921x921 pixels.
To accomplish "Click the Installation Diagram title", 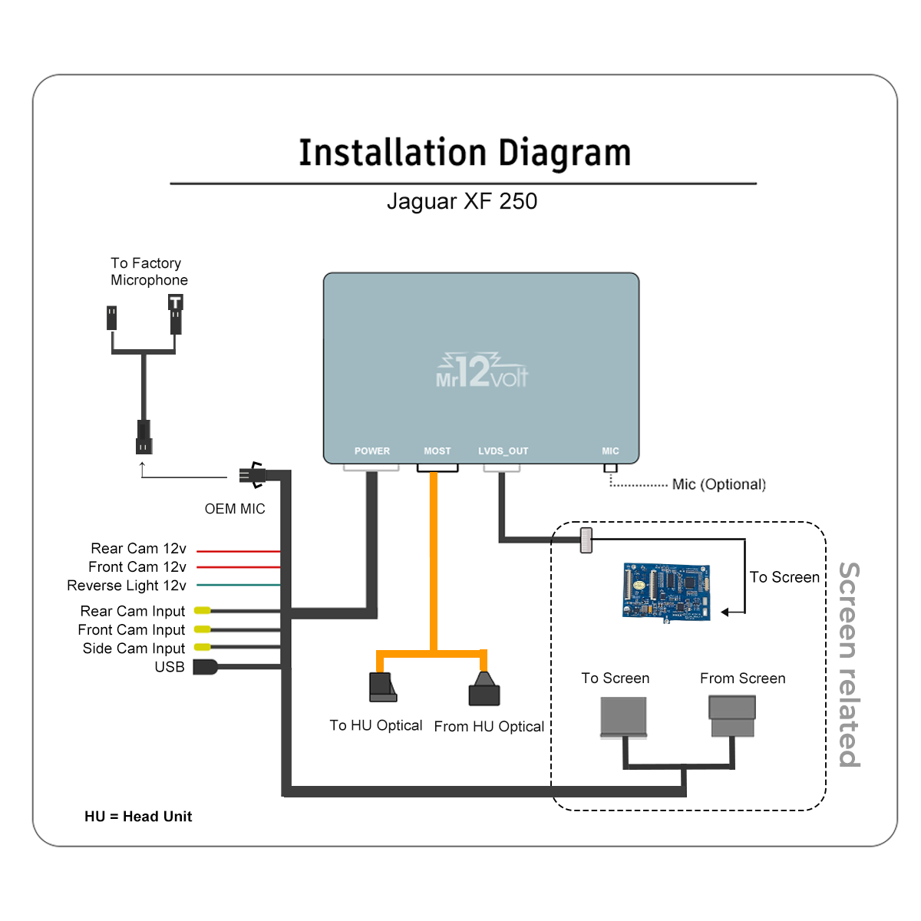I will coord(464,153).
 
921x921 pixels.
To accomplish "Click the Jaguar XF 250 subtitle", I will coord(462,201).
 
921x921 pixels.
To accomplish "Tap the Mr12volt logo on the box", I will coord(482,371).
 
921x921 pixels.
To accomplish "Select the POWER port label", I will coord(372,451).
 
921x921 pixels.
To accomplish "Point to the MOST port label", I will coord(437,451).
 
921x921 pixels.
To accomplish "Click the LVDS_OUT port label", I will coord(503,451).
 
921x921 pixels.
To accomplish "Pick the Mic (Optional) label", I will coord(719,484).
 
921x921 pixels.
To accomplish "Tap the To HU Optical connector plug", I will coord(382,687).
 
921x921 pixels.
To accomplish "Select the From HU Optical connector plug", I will coord(484,691).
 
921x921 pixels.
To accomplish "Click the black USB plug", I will coord(205,667).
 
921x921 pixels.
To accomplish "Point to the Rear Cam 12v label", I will coord(138,549).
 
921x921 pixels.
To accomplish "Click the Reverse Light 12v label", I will coord(127,586).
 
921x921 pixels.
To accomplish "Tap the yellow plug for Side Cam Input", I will coord(203,648).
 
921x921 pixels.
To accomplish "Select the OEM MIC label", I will coord(235,509).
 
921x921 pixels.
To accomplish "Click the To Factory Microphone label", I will coord(148,272).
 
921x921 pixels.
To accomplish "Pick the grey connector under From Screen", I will coord(732,716).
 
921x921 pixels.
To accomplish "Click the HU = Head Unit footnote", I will coord(138,817).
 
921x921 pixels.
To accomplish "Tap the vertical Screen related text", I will coord(849,664).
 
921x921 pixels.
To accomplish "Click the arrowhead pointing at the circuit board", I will coord(725,612).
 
